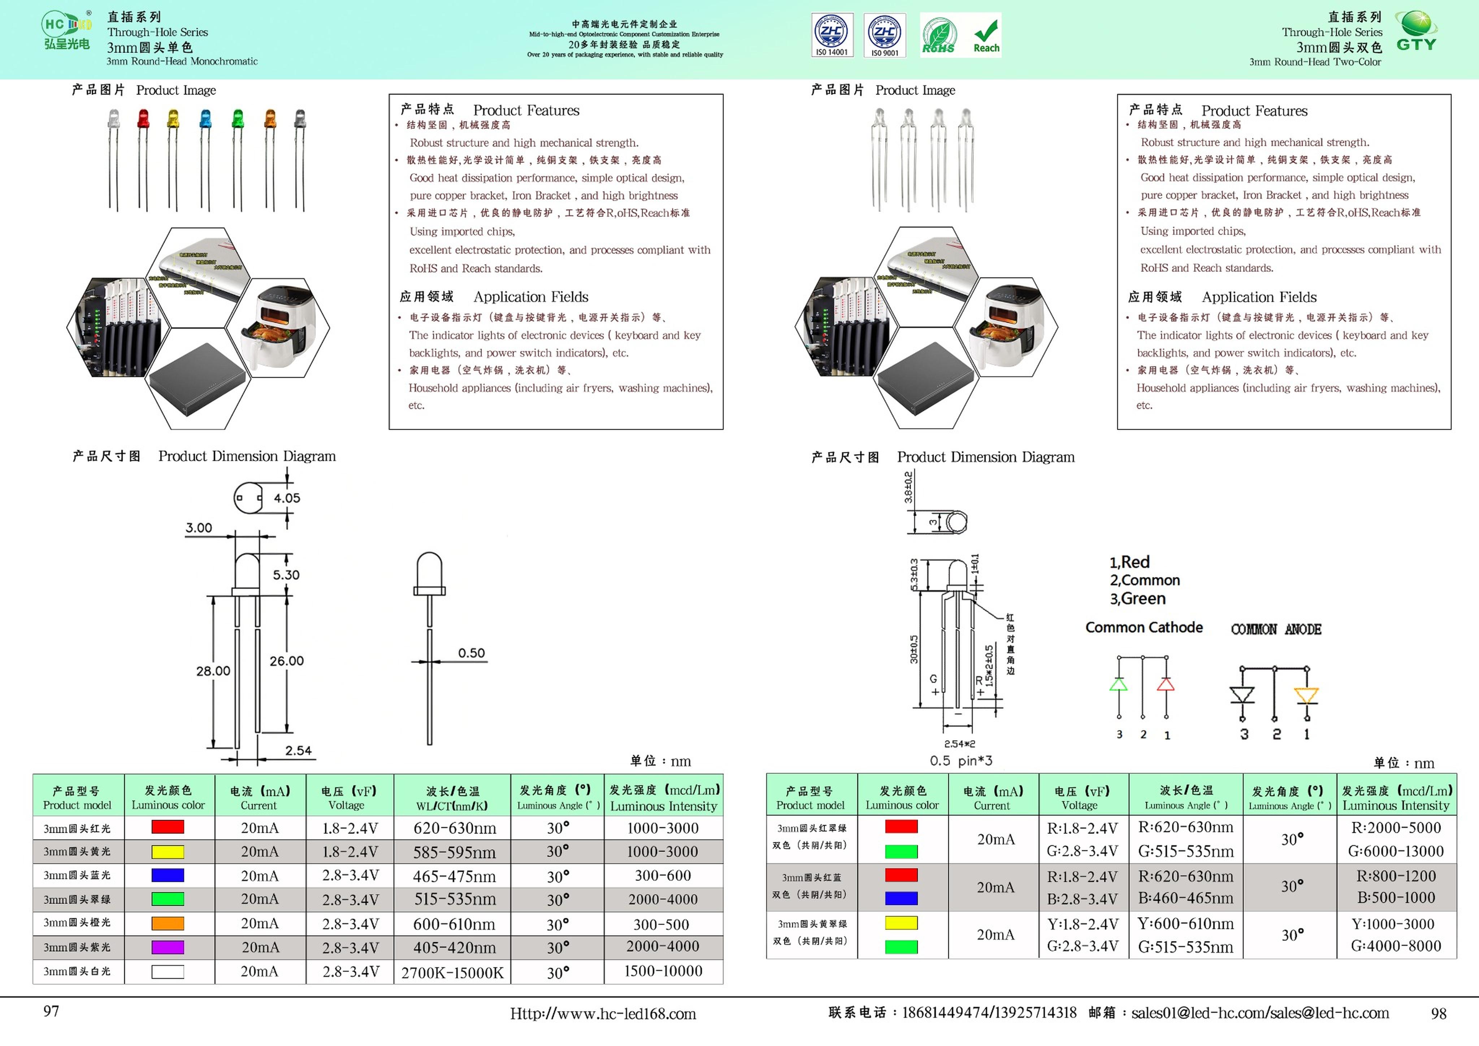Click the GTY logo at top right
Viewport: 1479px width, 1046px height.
tap(1416, 32)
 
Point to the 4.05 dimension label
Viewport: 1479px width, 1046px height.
tap(287, 498)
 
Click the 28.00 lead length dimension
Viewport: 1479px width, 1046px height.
tap(213, 671)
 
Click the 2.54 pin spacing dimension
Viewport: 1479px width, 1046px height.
tap(298, 750)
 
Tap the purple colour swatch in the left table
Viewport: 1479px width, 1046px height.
tap(168, 947)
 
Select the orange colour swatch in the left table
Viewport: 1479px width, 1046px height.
tap(168, 923)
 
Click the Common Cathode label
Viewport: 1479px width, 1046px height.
tap(1144, 627)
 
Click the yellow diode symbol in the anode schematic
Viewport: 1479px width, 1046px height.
tap(1306, 695)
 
